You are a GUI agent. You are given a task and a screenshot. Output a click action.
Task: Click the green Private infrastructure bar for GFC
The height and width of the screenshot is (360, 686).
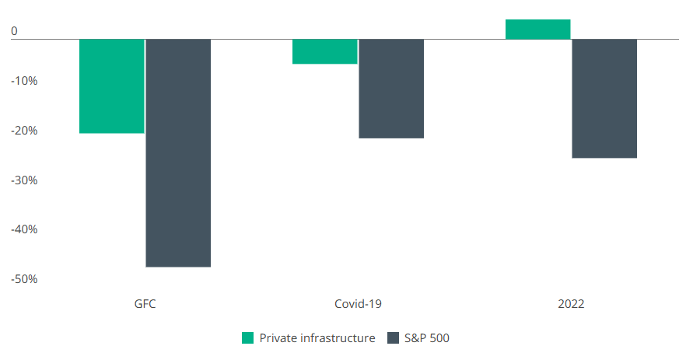pyautogui.click(x=112, y=86)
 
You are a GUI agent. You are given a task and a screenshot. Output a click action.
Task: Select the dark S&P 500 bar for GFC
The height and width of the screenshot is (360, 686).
pyautogui.click(x=178, y=152)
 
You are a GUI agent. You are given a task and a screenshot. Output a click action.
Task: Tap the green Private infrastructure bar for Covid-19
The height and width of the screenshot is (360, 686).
pyautogui.click(x=325, y=51)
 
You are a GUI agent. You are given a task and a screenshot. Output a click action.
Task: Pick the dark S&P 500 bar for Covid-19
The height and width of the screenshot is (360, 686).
pyautogui.click(x=391, y=89)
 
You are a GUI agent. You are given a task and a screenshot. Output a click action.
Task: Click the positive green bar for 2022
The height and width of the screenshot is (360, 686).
pyautogui.click(x=537, y=29)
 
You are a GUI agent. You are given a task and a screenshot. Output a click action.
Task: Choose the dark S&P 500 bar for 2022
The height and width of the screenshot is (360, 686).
pyautogui.click(x=604, y=98)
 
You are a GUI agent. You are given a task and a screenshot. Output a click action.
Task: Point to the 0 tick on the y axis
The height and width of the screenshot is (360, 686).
pyautogui.click(x=14, y=32)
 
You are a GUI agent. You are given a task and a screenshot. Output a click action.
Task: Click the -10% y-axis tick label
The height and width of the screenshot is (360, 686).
pyautogui.click(x=24, y=81)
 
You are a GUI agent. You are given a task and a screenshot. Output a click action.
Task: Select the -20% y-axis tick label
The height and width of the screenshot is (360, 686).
pyautogui.click(x=24, y=131)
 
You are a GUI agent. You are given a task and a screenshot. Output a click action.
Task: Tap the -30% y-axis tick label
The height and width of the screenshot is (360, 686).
pyautogui.click(x=24, y=180)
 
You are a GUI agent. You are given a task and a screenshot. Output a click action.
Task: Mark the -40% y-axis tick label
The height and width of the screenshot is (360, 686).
pyautogui.click(x=24, y=229)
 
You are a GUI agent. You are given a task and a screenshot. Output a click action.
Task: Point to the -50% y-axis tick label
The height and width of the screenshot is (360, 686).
pyautogui.click(x=24, y=279)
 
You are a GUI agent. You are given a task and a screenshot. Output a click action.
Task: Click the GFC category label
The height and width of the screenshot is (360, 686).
pyautogui.click(x=145, y=303)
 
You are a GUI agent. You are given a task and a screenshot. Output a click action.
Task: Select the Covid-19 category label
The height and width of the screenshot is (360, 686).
pyautogui.click(x=358, y=303)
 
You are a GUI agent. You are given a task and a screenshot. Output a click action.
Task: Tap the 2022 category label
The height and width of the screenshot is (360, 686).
pyautogui.click(x=571, y=303)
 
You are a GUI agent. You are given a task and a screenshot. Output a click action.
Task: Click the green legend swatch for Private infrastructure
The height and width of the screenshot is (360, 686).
pyautogui.click(x=248, y=337)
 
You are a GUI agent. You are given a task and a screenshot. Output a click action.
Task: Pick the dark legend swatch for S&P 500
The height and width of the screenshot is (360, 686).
pyautogui.click(x=392, y=337)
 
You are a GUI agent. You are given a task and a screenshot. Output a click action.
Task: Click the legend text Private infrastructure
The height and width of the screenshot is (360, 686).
pyautogui.click(x=317, y=337)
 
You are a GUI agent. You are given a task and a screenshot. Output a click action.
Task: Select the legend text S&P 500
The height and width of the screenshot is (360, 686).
pyautogui.click(x=427, y=337)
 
